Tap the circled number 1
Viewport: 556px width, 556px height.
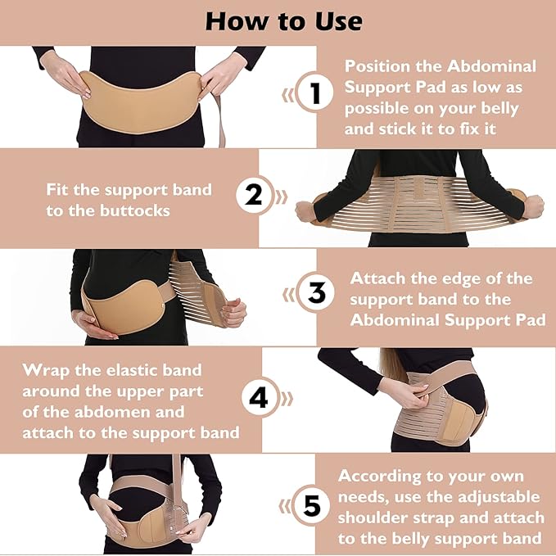tap(314, 95)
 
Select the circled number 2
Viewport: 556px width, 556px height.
tap(254, 195)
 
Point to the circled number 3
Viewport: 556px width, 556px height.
tap(315, 293)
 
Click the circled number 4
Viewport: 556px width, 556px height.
tap(259, 398)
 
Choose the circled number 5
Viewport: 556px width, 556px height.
tap(312, 505)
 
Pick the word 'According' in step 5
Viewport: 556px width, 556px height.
tap(385, 476)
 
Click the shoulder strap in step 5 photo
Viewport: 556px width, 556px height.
tap(175, 483)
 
